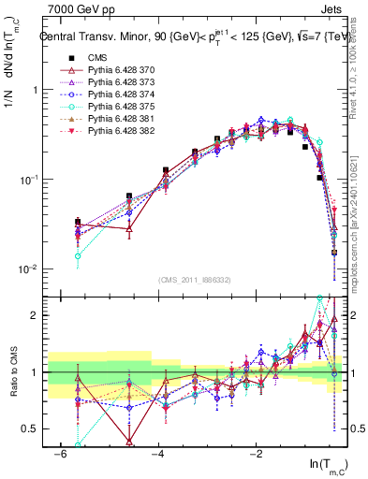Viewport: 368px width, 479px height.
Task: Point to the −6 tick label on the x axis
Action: pyautogui.click(x=59, y=453)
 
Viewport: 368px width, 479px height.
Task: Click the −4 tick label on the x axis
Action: pyautogui.click(x=158, y=453)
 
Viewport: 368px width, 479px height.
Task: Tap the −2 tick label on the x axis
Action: pyautogui.click(x=257, y=453)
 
